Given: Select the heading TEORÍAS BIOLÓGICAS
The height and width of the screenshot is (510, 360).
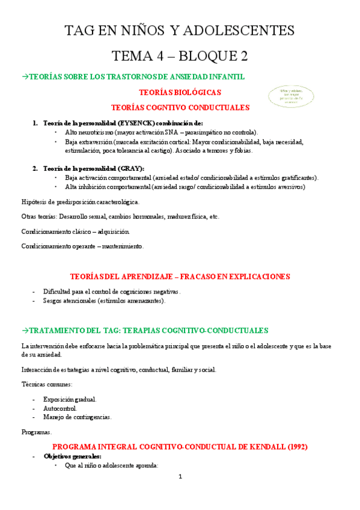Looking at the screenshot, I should click(x=180, y=93).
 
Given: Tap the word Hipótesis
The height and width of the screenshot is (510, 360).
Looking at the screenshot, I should click(x=35, y=201).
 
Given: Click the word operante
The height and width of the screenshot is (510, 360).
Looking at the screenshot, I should click(x=85, y=247).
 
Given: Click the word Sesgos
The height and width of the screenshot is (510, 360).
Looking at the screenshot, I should click(x=53, y=301).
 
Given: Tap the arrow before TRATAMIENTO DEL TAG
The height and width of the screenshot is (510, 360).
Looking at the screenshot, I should click(x=25, y=330).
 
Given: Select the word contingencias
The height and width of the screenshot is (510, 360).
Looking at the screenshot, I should click(x=91, y=417).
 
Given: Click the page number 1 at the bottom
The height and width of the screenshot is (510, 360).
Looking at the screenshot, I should click(x=180, y=477).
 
